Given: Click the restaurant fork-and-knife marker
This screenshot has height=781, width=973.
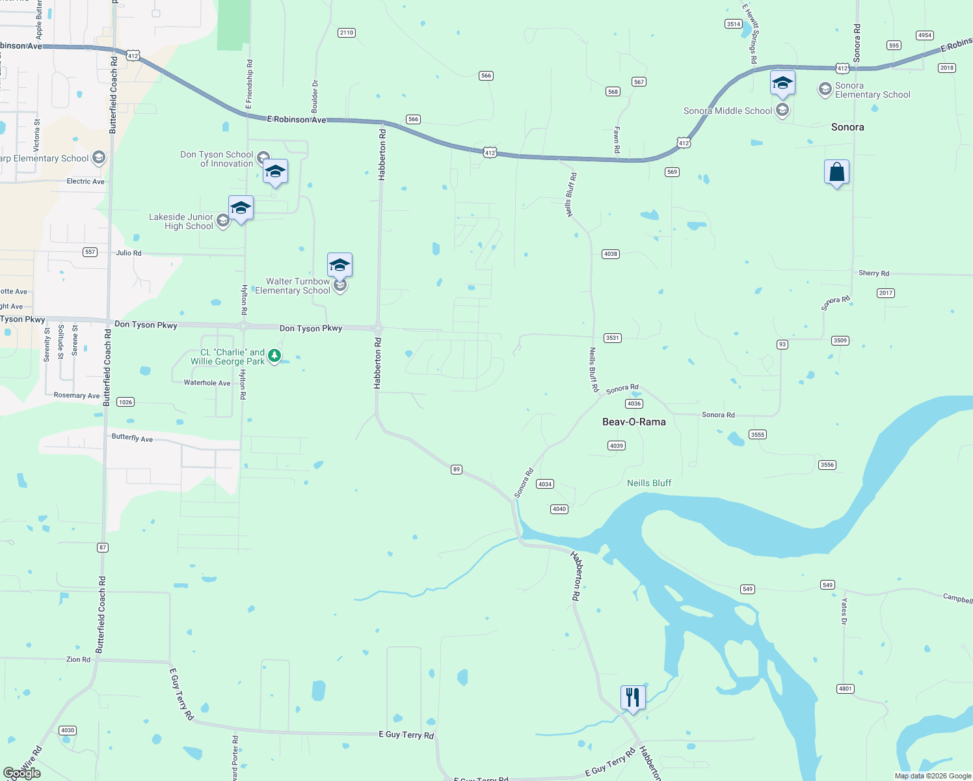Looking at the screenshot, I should click(633, 698).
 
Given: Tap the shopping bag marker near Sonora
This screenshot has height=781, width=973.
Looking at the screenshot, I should click(836, 172).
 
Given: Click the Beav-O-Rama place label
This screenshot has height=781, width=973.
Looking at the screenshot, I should click(633, 422).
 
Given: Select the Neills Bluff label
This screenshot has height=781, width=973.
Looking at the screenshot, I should click(648, 483).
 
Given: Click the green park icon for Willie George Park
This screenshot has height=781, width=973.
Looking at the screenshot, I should click(274, 355).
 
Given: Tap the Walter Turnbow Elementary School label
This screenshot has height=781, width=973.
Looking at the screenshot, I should click(293, 286).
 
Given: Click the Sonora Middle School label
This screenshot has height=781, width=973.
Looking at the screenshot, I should click(727, 111).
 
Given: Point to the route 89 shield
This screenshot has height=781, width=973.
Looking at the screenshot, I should click(457, 469).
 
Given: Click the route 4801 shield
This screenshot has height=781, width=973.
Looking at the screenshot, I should click(845, 689).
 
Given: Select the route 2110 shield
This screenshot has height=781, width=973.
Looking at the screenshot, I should click(347, 33).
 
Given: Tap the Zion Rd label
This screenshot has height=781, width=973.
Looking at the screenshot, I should click(78, 659).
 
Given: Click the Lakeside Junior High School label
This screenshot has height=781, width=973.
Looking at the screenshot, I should click(181, 222).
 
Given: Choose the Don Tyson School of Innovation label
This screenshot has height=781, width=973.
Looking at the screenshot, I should click(217, 159).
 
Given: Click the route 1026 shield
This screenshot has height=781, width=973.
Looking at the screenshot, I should click(126, 402).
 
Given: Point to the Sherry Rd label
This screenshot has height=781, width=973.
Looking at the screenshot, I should click(873, 273).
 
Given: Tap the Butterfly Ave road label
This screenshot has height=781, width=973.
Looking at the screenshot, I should click(132, 437).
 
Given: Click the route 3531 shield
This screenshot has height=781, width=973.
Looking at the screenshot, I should click(612, 338).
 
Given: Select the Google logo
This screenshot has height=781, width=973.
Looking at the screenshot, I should click(22, 773).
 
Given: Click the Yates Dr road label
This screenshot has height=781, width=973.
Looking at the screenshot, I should click(844, 611).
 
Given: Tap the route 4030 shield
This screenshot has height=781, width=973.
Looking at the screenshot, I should click(67, 730).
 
